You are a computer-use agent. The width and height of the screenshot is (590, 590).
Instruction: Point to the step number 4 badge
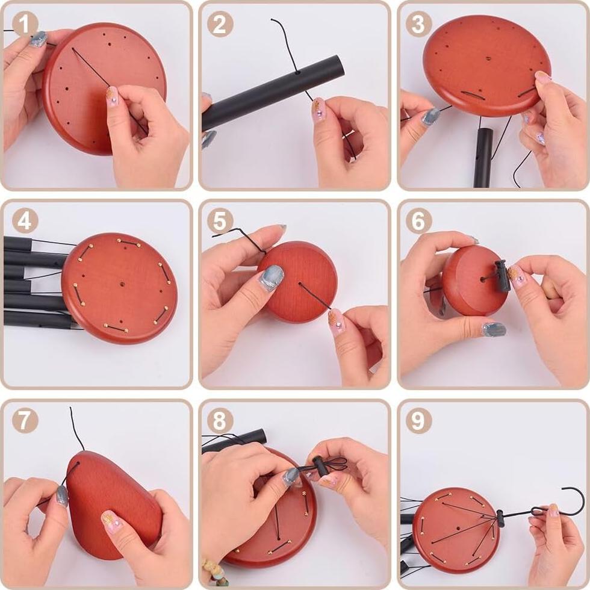(x=25, y=220)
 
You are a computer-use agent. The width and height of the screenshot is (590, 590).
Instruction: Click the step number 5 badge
(x=220, y=220)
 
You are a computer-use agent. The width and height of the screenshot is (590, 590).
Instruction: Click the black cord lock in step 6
(x=503, y=276)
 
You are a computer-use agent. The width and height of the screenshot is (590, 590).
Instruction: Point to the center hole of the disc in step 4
(x=123, y=283)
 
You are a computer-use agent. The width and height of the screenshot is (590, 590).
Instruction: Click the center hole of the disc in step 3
(x=488, y=59)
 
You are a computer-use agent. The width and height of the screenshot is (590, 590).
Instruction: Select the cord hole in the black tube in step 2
(x=297, y=72)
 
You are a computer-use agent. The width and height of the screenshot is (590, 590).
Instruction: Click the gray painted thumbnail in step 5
(x=272, y=278)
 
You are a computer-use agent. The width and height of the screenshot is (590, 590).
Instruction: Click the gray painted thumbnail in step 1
(x=39, y=39)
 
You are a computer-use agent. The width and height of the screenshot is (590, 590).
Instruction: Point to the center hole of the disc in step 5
(x=300, y=284)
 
